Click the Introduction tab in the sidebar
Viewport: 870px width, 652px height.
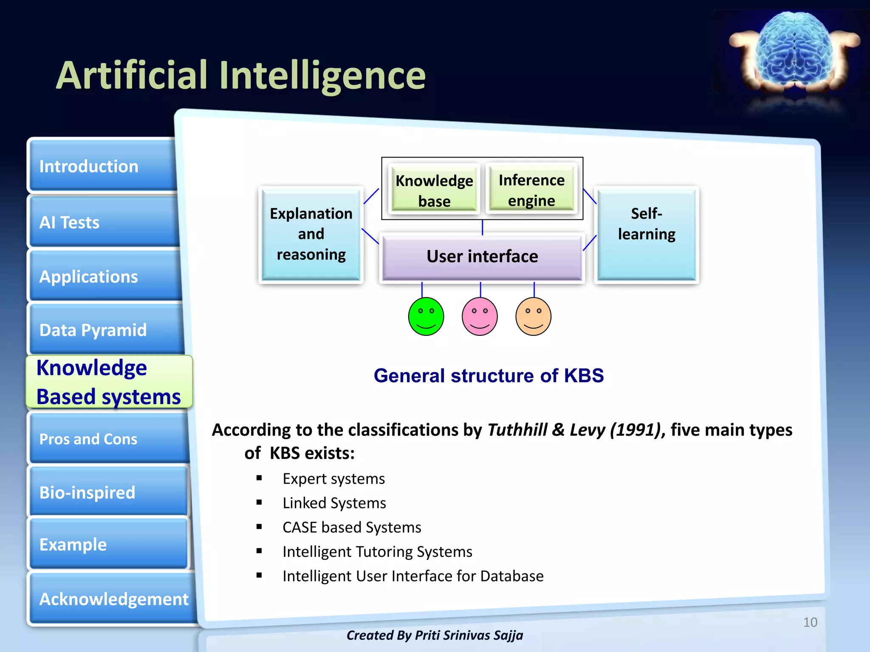[x=102, y=166]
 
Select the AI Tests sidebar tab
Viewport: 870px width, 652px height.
[x=102, y=222]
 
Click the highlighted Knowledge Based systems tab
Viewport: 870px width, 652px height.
[x=109, y=382]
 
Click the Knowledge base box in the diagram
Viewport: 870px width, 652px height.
[x=434, y=190]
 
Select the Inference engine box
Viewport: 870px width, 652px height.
[x=531, y=190]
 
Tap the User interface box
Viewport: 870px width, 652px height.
[x=482, y=257]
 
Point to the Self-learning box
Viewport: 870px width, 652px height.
[x=646, y=234]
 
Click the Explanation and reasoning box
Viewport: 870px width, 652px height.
[x=311, y=234]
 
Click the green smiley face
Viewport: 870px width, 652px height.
[x=426, y=317]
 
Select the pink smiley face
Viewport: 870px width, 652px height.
[x=480, y=317]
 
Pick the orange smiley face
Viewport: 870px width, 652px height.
[x=533, y=317]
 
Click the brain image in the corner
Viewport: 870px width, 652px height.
[x=794, y=51]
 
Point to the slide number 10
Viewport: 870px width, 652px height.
[x=810, y=622]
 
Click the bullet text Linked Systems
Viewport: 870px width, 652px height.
[x=334, y=503]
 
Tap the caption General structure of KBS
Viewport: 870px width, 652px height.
[x=489, y=376]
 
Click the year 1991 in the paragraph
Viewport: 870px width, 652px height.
[x=636, y=430]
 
